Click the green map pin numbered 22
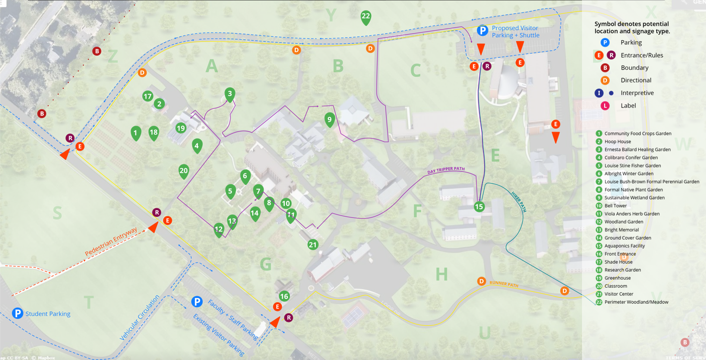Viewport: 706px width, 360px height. tap(366, 17)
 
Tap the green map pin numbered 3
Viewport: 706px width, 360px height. tap(229, 94)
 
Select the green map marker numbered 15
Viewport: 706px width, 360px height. tap(479, 206)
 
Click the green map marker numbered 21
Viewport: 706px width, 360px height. tap(313, 245)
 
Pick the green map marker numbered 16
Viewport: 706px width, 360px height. tap(284, 296)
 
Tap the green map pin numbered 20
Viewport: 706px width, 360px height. tap(184, 171)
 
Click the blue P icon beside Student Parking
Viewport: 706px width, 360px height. tap(18, 313)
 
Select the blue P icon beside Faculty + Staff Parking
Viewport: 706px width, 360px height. tap(197, 302)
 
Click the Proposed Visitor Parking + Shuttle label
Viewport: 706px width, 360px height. tap(515, 32)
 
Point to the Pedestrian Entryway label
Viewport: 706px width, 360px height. tap(111, 242)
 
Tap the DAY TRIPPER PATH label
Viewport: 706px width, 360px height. tap(446, 169)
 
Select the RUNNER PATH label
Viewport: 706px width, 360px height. tap(504, 284)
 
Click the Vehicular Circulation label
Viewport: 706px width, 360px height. tap(140, 318)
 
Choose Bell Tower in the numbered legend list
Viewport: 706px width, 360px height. tap(615, 206)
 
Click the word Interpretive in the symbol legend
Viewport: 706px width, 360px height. tap(637, 93)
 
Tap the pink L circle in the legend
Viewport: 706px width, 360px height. tap(605, 105)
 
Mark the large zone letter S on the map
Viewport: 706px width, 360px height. tap(57, 213)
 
